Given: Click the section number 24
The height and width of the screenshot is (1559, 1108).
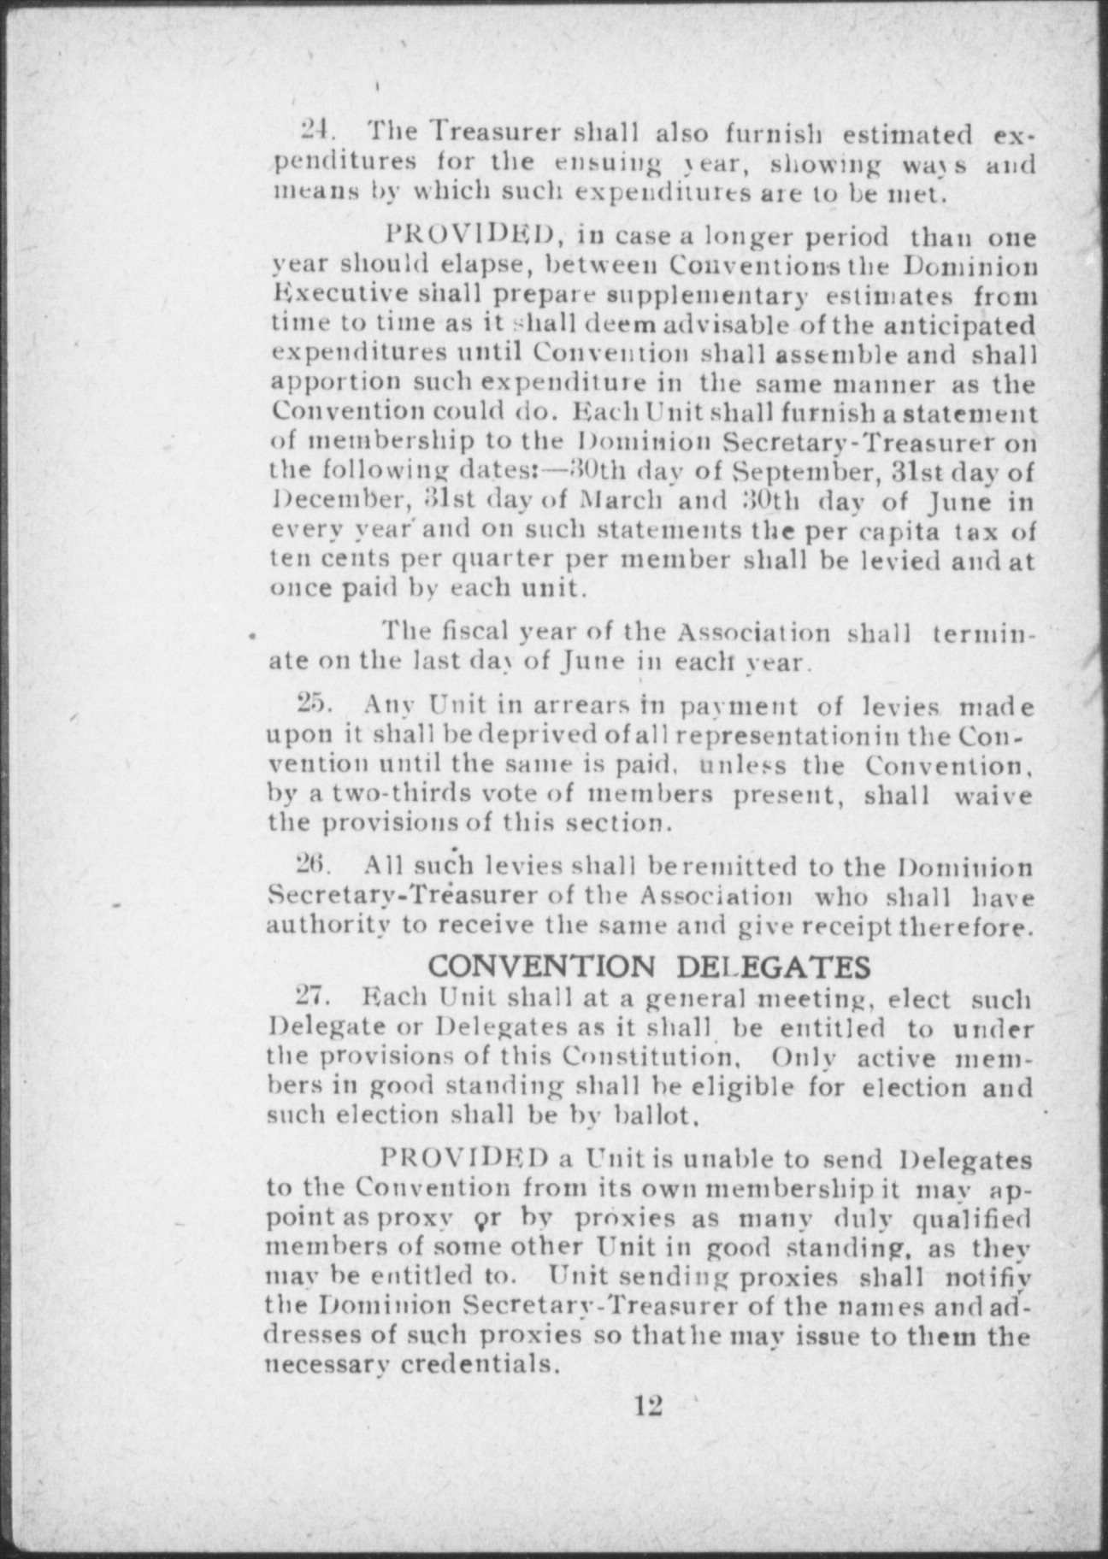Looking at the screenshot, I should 314,133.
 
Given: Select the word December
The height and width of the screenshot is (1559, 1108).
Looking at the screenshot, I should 326,500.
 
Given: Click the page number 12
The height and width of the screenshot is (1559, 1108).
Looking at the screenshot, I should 648,1405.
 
